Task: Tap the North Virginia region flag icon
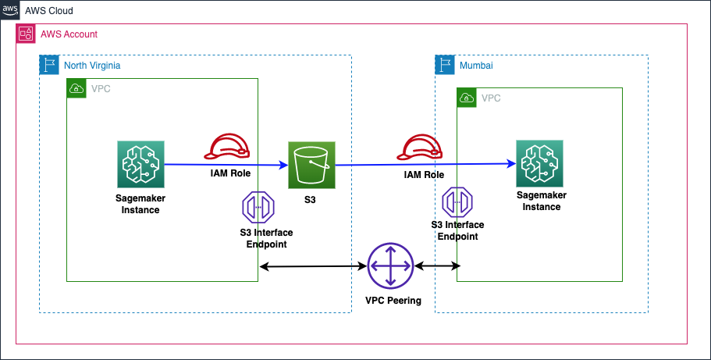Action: (x=49, y=65)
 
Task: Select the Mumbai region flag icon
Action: (x=445, y=65)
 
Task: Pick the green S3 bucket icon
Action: (x=311, y=165)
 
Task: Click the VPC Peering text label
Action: (x=393, y=301)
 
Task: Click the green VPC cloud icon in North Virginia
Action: (x=76, y=88)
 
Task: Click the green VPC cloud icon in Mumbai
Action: (x=467, y=98)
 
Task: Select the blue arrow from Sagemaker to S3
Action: (x=226, y=165)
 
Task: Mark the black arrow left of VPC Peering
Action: (x=313, y=267)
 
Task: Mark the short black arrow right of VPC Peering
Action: (x=438, y=267)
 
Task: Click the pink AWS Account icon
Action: (x=26, y=34)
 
